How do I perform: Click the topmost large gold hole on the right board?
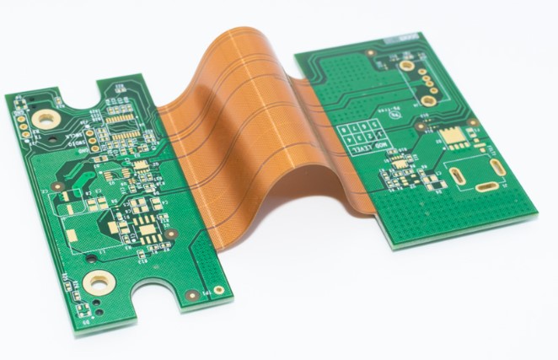(x=407, y=65)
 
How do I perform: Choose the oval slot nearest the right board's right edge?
(x=497, y=165)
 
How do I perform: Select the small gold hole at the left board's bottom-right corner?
(x=218, y=290)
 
